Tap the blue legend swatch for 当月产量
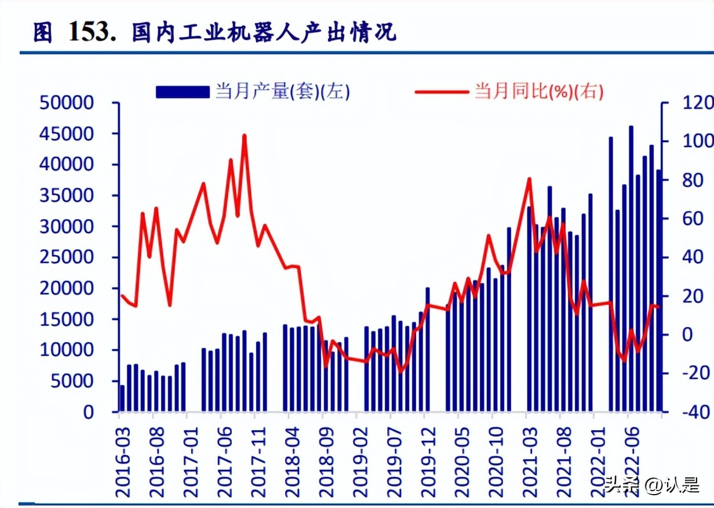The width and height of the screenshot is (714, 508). (x=182, y=92)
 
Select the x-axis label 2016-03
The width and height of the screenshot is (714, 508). (x=123, y=458)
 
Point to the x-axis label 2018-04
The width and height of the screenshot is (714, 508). (x=292, y=458)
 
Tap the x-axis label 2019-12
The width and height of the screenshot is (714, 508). (x=428, y=458)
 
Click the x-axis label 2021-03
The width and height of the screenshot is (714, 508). (x=529, y=458)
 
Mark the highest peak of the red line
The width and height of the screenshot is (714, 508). (x=245, y=136)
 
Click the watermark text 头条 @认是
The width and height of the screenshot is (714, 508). (x=651, y=484)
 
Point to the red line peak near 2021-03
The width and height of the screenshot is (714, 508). (x=529, y=179)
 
